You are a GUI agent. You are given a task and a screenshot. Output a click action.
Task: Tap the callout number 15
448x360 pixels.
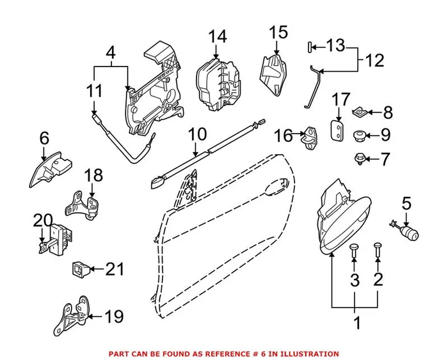point(278,32)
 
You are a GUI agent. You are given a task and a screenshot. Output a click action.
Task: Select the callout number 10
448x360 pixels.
point(198,135)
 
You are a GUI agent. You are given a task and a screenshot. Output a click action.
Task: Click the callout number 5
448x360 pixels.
point(406,204)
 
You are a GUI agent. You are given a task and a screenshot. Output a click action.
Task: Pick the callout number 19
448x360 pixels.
point(113,317)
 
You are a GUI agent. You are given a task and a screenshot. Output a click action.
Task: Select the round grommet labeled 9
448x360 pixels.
point(359,135)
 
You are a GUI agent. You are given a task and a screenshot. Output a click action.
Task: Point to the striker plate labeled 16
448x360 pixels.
point(311,135)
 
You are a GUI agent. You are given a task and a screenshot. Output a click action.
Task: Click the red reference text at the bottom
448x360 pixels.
point(224,354)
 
